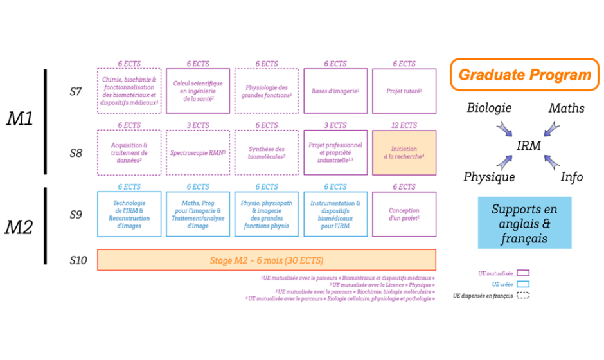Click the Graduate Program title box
[524, 75]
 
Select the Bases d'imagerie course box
[335, 91]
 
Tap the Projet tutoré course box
[404, 91]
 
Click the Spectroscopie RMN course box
[198, 153]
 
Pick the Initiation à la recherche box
[404, 153]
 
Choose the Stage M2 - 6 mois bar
[267, 260]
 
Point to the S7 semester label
[76, 91]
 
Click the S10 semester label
[77, 260]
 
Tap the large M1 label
[20, 119]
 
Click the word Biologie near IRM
[489, 108]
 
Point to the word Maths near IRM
[566, 108]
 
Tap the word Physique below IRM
[489, 177]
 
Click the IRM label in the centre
[528, 146]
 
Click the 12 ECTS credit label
[404, 125]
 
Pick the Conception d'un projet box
[404, 215]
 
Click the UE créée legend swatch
[523, 284]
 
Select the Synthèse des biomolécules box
[267, 153]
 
